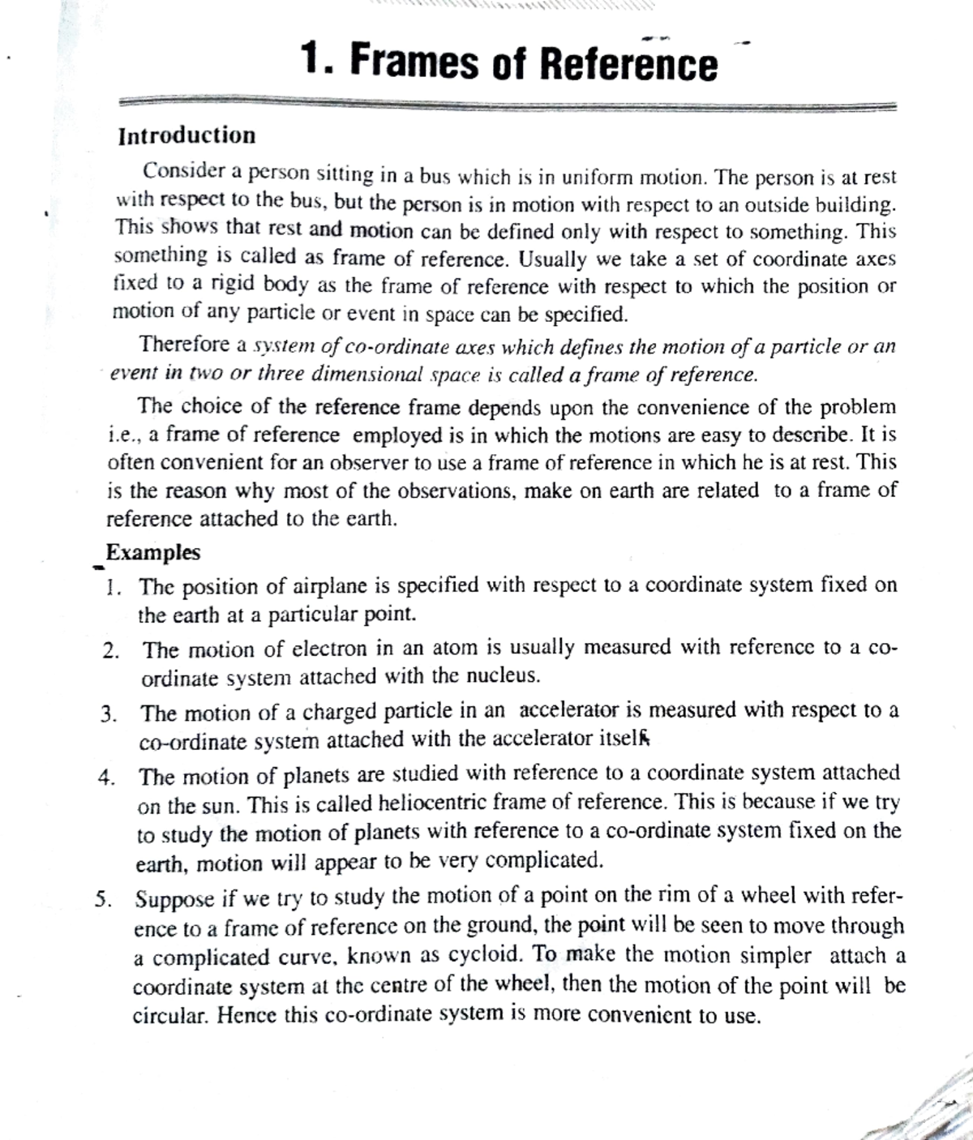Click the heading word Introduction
186,135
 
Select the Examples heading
153,553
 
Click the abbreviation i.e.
123,435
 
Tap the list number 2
112,650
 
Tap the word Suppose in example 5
174,899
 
